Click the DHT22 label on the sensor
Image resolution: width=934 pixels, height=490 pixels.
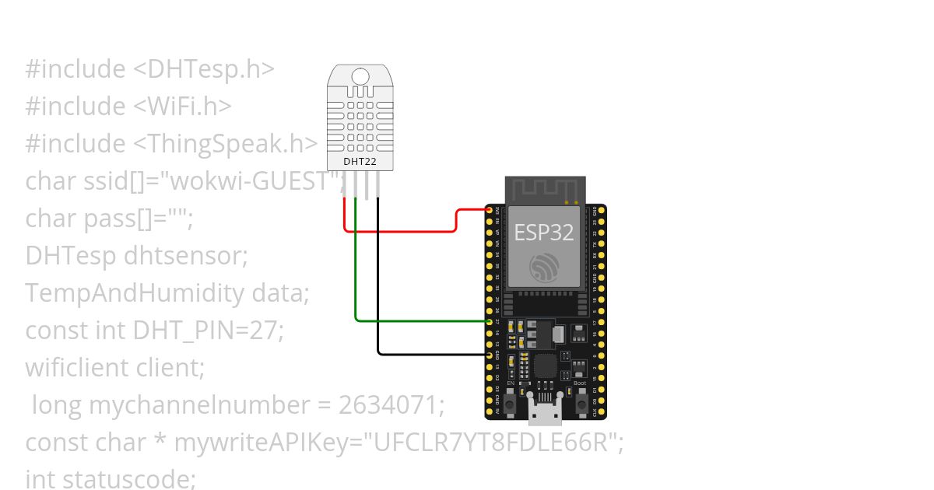pos(360,162)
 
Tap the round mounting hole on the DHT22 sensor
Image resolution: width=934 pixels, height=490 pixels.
pos(360,76)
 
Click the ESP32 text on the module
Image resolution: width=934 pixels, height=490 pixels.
pos(544,233)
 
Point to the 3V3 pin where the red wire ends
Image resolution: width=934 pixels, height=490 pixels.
pos(490,210)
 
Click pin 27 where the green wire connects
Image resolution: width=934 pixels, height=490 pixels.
pos(490,321)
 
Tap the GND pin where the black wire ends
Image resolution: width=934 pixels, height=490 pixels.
pos(490,354)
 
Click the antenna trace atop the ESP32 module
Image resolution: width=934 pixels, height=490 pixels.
pos(544,189)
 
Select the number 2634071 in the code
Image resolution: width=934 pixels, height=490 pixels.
pos(391,405)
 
